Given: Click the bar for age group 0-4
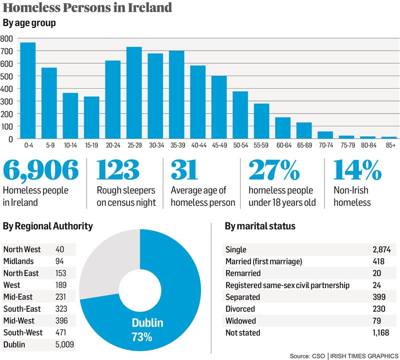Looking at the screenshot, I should tap(27, 90).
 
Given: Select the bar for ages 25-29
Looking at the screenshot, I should tap(134, 92).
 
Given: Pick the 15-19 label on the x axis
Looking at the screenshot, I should tap(91, 145).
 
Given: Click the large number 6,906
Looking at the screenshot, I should tap(41, 171).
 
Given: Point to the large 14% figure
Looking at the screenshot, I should tap(356, 171).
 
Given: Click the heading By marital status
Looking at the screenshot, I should tap(259, 226).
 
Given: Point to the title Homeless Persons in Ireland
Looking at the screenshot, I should tap(88, 8).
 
